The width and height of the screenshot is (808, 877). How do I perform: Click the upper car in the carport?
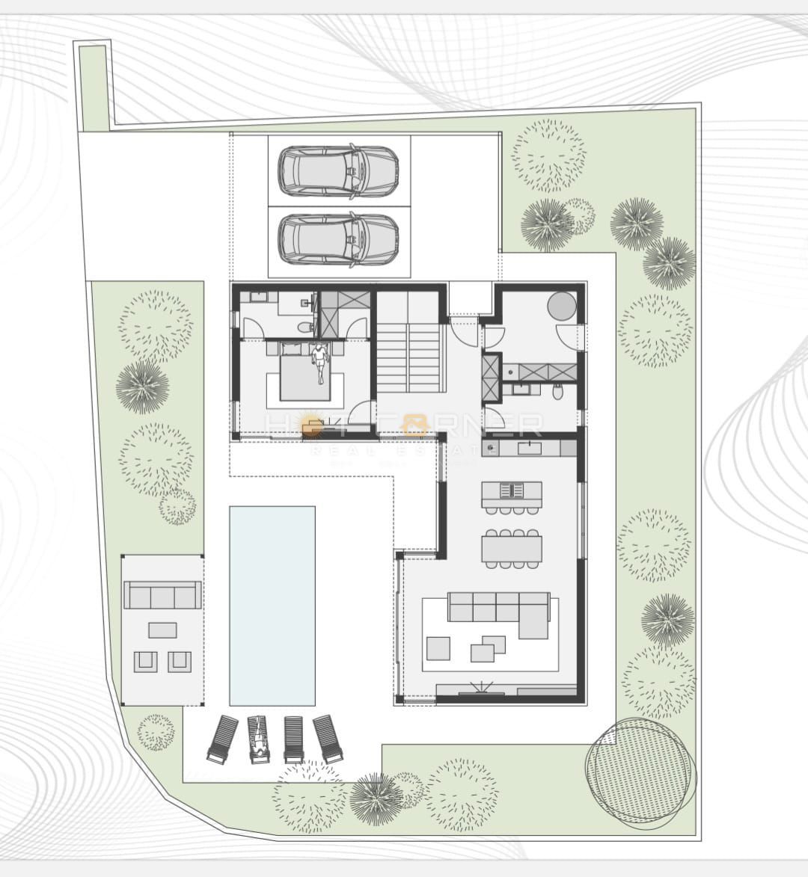point(338,171)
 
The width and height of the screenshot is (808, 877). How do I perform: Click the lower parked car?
point(338,240)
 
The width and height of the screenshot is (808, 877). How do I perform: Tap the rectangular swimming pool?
point(272,606)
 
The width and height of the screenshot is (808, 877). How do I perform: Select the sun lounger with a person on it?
point(258,739)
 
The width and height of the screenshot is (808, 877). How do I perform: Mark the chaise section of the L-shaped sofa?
point(533,622)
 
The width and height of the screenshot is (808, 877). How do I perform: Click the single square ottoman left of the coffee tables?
point(438,647)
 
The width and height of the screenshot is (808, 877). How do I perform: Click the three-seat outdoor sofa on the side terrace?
point(162,596)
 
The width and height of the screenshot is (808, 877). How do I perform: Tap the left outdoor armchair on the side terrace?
point(146,661)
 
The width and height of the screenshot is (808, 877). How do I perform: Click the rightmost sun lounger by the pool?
point(328,739)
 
